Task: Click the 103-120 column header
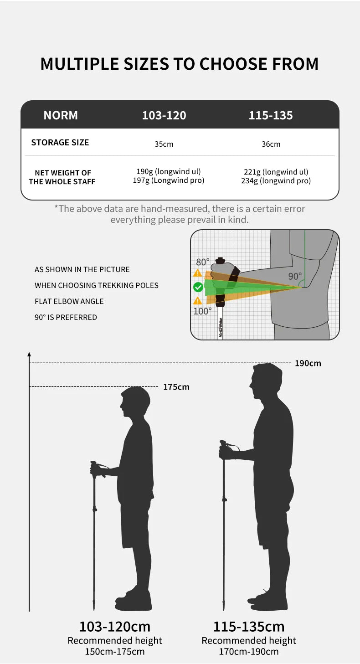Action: tap(164, 115)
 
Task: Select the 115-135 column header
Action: tap(271, 115)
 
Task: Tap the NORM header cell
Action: tap(61, 115)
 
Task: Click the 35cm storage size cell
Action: tap(164, 144)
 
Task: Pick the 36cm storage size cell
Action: tap(271, 144)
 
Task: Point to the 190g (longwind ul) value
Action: tap(169, 171)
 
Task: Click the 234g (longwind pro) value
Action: tap(276, 180)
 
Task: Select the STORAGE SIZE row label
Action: tap(60, 142)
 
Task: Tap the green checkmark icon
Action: tap(198, 287)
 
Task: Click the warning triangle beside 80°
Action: tap(197, 273)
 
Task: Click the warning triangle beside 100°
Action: tap(197, 301)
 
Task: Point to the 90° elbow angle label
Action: tap(294, 276)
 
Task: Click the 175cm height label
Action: tap(176, 387)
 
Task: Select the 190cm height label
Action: tap(308, 363)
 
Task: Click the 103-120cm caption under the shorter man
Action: tap(115, 626)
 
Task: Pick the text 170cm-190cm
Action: tap(249, 651)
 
